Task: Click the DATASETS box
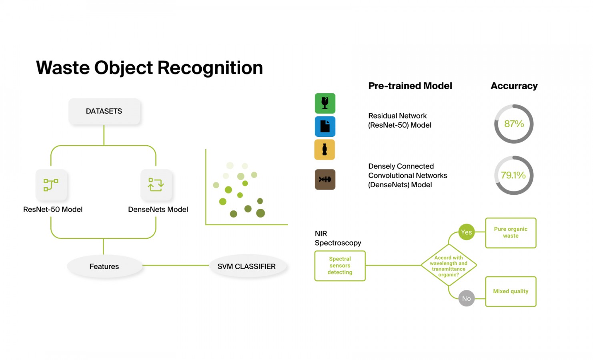pos(104,111)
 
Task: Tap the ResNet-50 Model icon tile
pos(51,184)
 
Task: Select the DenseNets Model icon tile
pos(156,184)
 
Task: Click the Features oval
pos(104,266)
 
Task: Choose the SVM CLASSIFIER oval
pos(247,266)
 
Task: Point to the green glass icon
pos(325,103)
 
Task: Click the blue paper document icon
pos(325,126)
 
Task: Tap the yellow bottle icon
pos(325,150)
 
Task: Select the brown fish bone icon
pos(325,180)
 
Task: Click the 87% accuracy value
pos(514,124)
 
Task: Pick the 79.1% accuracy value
pos(513,175)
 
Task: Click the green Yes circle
pos(467,232)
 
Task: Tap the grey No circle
pos(467,298)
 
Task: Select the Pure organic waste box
pos(511,233)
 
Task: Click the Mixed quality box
pos(511,292)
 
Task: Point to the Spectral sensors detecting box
pos(340,266)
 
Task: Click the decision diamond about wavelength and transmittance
pos(449,265)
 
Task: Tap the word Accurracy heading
pos(514,86)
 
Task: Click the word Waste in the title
pos(63,68)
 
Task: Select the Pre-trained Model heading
pos(410,86)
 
